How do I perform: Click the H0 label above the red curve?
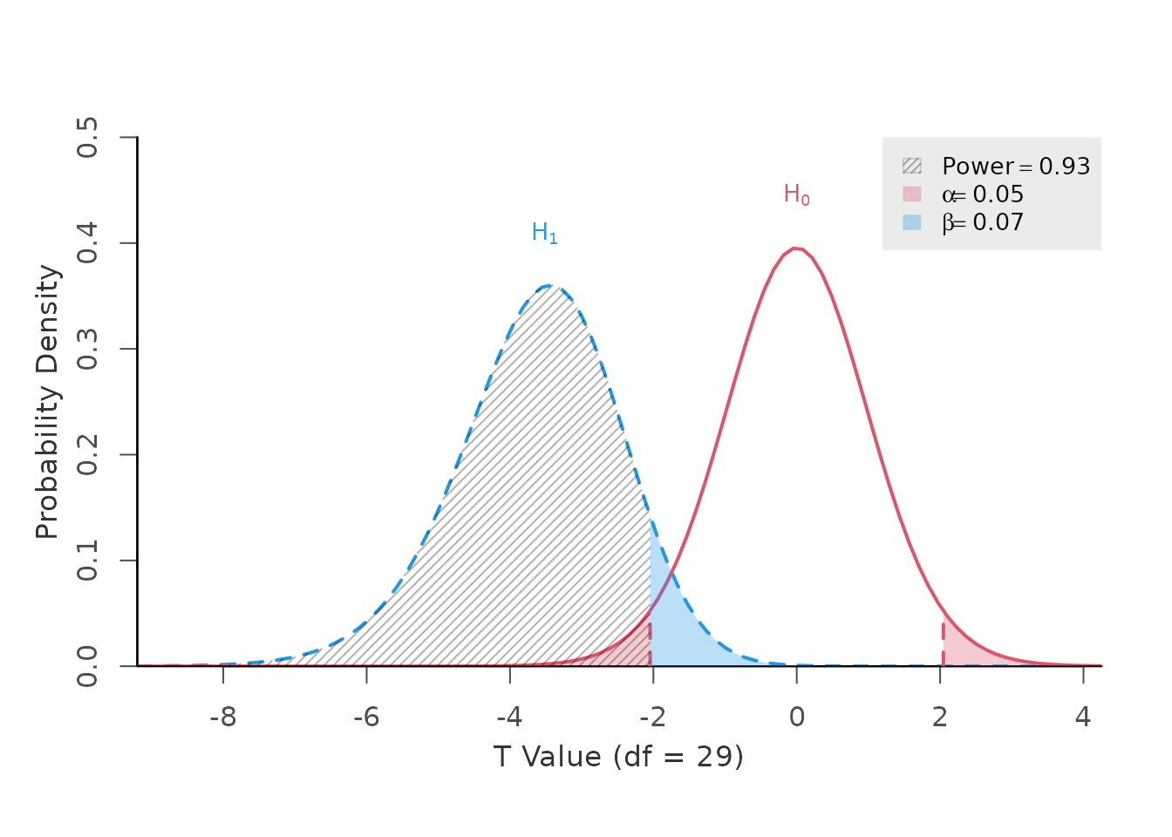(x=796, y=194)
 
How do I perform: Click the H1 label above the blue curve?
(x=544, y=233)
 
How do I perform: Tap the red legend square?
(x=911, y=194)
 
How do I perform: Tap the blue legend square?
(x=911, y=222)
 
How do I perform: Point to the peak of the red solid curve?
(x=796, y=248)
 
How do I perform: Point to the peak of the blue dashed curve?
(x=548, y=285)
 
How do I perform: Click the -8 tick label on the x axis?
(x=223, y=718)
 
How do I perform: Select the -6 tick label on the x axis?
(x=366, y=718)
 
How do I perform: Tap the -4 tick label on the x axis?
(x=509, y=718)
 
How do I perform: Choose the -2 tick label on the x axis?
(x=652, y=718)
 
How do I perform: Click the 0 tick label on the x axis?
(x=796, y=718)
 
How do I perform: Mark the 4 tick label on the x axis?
(x=1083, y=718)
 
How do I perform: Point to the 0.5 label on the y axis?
(x=87, y=138)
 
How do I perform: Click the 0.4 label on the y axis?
(x=87, y=243)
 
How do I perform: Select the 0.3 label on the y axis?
(x=87, y=349)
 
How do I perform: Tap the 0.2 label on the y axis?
(x=87, y=455)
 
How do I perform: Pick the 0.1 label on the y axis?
(x=87, y=561)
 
